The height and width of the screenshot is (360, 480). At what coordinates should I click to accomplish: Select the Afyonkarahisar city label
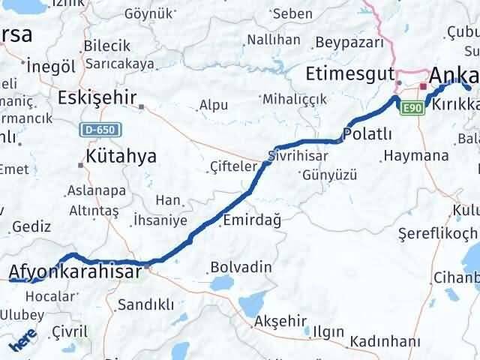(x=75, y=271)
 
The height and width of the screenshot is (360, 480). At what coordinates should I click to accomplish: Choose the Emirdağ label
(x=252, y=220)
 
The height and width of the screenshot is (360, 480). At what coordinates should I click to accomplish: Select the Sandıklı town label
(x=146, y=304)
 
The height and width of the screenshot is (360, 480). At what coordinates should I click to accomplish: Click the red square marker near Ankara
(x=423, y=86)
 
